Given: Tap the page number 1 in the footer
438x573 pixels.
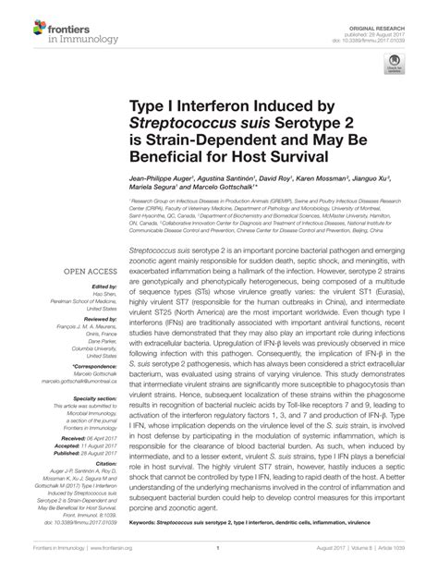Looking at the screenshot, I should pos(219,560).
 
